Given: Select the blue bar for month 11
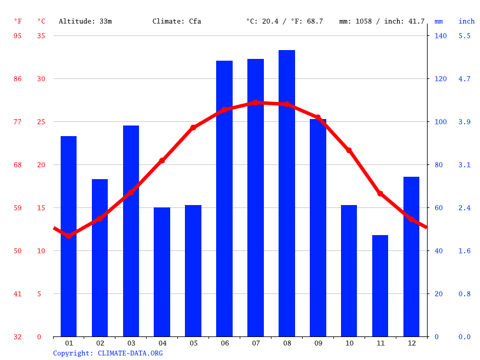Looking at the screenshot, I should [380, 286].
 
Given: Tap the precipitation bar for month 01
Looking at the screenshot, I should [69, 236].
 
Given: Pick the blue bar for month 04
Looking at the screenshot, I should [162, 272].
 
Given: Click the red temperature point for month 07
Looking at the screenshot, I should [256, 103].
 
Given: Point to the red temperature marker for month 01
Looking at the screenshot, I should [69, 236].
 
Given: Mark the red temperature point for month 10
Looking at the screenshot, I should [349, 150].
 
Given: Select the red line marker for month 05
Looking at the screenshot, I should [193, 127].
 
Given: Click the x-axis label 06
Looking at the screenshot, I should [224, 343].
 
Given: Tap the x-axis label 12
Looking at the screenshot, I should [411, 343].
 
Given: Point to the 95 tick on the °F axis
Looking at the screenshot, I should [18, 36].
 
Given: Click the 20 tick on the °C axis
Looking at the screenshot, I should [41, 165].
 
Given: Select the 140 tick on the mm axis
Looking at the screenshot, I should [441, 36].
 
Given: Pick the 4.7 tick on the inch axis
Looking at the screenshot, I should [465, 79].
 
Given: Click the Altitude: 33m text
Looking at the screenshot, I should [85, 21].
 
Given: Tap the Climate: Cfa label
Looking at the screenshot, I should [177, 21].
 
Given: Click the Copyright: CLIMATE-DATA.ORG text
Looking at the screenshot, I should [108, 353].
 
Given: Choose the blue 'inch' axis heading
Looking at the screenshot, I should [466, 21].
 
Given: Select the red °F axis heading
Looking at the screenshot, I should [18, 21].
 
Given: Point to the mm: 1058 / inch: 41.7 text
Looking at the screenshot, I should [382, 21].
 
